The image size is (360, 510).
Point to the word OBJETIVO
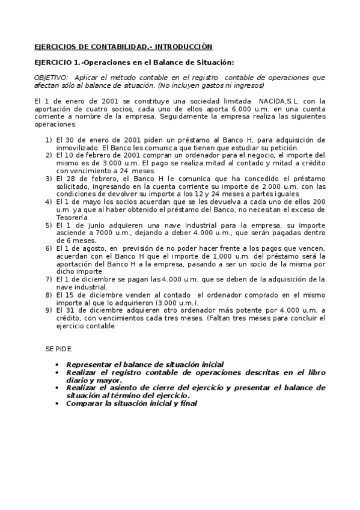51,78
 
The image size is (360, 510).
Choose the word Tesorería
73,218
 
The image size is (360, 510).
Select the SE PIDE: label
58,349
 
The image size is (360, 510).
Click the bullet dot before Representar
56,364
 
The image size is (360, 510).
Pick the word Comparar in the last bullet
85,404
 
